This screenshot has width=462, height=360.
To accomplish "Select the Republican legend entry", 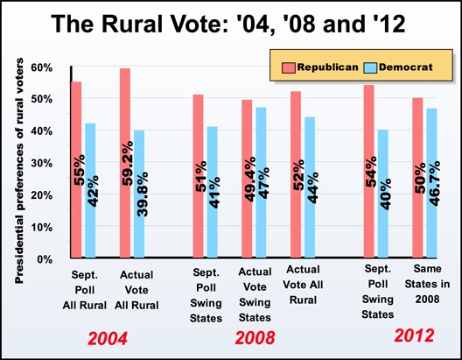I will (318, 66).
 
